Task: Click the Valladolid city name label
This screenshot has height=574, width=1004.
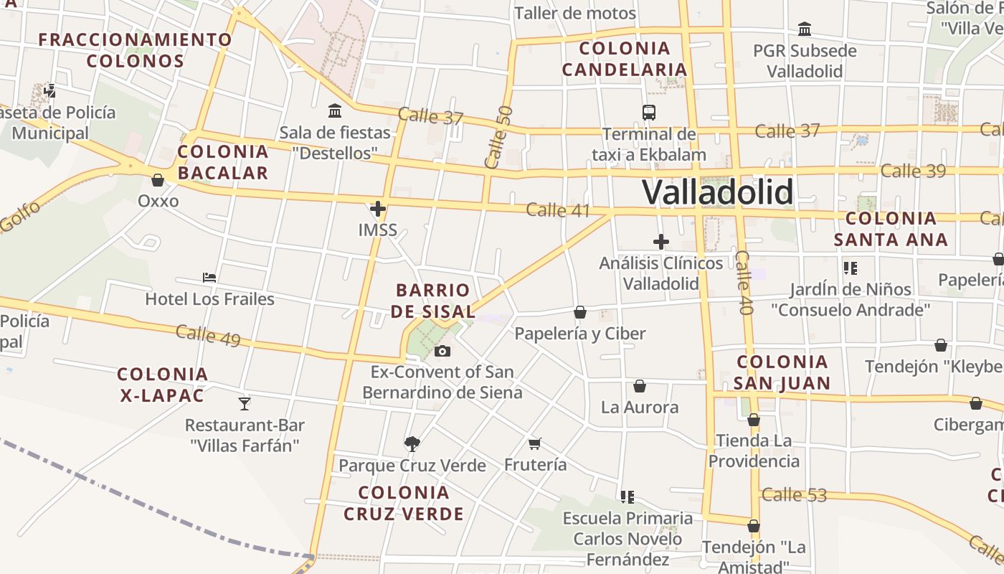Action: [x=717, y=192]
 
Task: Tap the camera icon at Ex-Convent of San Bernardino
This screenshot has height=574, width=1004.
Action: [x=442, y=351]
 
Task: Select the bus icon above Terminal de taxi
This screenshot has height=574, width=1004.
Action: [x=649, y=113]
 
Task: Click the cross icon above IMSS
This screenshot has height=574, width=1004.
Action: [x=378, y=209]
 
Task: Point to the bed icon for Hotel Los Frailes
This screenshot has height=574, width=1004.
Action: [x=209, y=277]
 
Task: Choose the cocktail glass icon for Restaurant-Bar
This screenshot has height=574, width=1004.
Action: [x=245, y=403]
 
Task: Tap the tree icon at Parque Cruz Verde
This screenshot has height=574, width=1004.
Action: [x=412, y=444]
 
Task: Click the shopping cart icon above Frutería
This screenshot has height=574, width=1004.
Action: [x=534, y=443]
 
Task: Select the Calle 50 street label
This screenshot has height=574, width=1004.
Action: [x=499, y=137]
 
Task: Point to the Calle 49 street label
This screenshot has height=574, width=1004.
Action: [x=208, y=335]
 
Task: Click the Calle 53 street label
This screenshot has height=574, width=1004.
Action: [x=794, y=494]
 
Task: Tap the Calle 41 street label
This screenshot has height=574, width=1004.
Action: [x=557, y=210]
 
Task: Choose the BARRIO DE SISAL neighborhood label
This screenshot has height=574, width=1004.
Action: [x=434, y=301]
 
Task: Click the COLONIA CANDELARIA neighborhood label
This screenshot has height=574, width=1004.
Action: [x=624, y=59]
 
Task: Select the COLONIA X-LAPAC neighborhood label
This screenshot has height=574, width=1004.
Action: [x=162, y=385]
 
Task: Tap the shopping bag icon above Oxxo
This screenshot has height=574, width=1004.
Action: [x=158, y=180]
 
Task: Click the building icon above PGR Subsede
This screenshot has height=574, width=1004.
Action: [x=805, y=29]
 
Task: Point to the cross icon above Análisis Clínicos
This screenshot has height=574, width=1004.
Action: [x=661, y=242]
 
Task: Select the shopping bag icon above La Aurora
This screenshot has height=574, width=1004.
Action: [x=640, y=386]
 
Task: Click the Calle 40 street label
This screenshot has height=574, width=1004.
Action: [x=744, y=283]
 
